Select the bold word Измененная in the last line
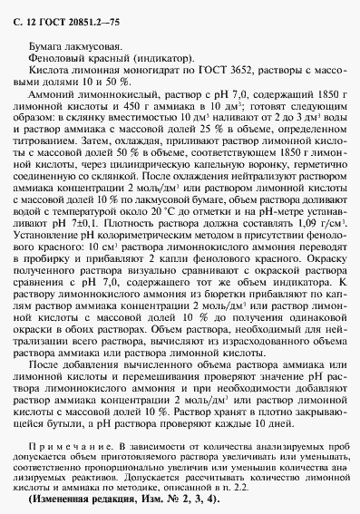[x=86, y=498]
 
